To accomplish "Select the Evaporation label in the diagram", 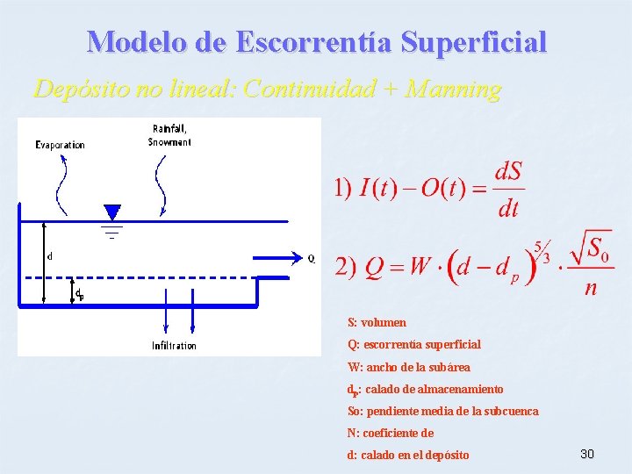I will click(x=61, y=145).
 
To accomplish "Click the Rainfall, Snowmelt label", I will click(x=169, y=136).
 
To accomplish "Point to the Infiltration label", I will click(x=174, y=346).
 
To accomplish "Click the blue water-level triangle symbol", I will click(x=111, y=213).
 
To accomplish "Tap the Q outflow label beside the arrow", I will click(x=311, y=258).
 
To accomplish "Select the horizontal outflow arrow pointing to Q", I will click(x=277, y=258).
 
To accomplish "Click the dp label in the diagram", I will click(x=79, y=294).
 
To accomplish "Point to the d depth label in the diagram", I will click(x=49, y=257).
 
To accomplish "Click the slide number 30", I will click(x=587, y=454).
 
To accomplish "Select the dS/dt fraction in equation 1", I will click(x=509, y=189).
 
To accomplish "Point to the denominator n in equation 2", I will click(x=591, y=288).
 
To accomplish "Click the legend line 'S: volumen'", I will click(x=377, y=323).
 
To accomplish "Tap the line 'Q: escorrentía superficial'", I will click(x=413, y=345).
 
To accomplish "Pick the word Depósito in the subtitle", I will click(x=74, y=89).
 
